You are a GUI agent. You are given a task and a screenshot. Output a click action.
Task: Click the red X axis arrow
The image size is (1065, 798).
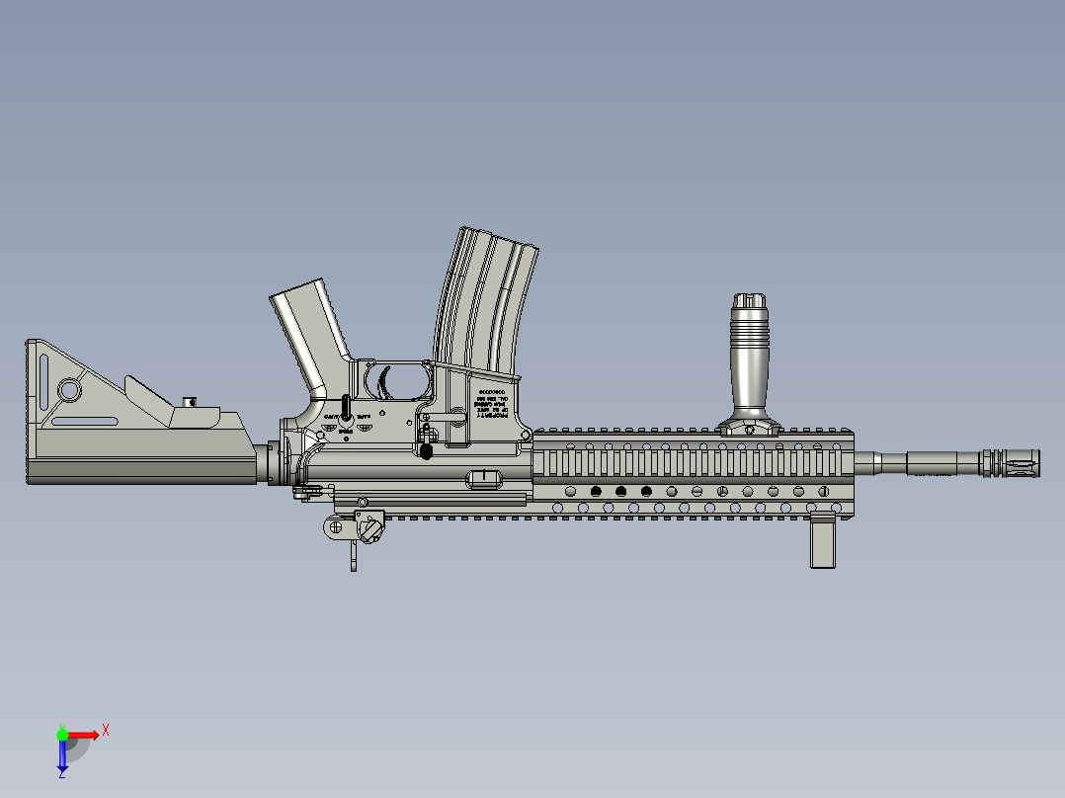(x=83, y=735)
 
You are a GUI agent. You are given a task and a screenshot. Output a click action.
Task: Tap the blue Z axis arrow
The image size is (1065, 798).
(x=62, y=756)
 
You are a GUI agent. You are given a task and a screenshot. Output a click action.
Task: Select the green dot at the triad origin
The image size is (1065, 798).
(x=62, y=735)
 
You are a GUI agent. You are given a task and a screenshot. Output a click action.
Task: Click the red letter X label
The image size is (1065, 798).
(x=106, y=731)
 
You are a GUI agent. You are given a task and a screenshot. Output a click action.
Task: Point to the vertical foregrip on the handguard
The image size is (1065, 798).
(x=749, y=360)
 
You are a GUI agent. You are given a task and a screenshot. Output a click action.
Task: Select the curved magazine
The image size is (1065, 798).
(x=485, y=301)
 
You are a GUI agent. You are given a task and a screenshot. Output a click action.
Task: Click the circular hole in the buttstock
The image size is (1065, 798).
(x=69, y=390)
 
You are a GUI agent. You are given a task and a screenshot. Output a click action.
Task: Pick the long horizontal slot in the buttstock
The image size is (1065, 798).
(x=84, y=422)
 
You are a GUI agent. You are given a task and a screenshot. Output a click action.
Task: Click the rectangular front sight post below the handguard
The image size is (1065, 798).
(x=824, y=542)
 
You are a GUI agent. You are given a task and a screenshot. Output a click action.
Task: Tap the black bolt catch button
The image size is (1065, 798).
(x=427, y=450)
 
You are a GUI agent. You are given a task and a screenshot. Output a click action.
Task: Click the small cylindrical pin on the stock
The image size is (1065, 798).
(x=191, y=401)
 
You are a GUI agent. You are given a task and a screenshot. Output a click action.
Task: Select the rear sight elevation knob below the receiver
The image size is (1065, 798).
(x=370, y=530)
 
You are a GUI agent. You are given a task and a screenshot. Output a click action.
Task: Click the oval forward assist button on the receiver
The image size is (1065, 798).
(x=483, y=478)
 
